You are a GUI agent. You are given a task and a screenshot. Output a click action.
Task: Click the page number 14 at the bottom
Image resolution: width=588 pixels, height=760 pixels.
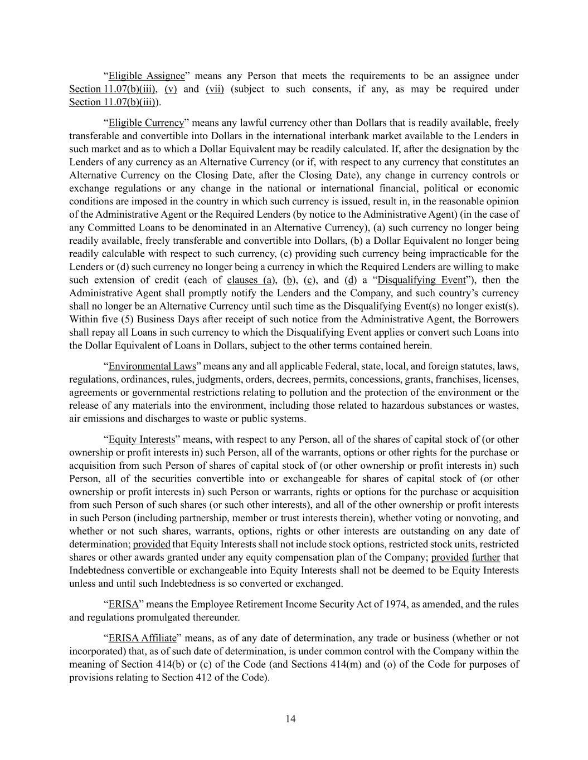click(x=290, y=719)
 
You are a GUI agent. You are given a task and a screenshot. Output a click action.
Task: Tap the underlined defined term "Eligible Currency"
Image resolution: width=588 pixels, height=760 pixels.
click(x=146, y=122)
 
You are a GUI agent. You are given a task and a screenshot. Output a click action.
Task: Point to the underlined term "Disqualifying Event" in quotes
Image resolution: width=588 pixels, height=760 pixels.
click(x=421, y=280)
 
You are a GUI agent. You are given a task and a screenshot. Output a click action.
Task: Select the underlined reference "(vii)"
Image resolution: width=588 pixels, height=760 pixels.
click(x=215, y=89)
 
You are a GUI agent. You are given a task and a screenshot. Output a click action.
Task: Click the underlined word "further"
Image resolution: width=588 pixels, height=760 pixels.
click(x=485, y=557)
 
